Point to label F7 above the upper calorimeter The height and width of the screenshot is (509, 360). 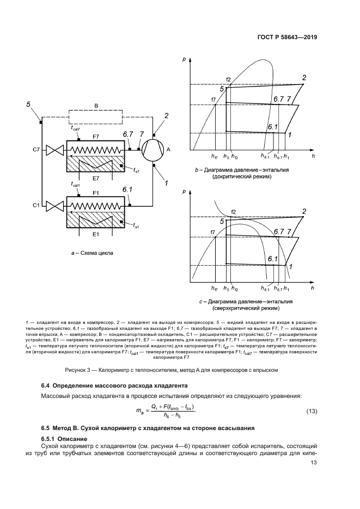96,136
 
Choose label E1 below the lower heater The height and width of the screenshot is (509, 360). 95,235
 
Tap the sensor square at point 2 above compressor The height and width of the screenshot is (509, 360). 154,134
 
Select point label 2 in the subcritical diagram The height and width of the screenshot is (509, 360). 304,77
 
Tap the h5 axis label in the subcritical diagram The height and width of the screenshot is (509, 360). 225,157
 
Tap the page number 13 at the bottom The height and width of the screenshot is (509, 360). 313,463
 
